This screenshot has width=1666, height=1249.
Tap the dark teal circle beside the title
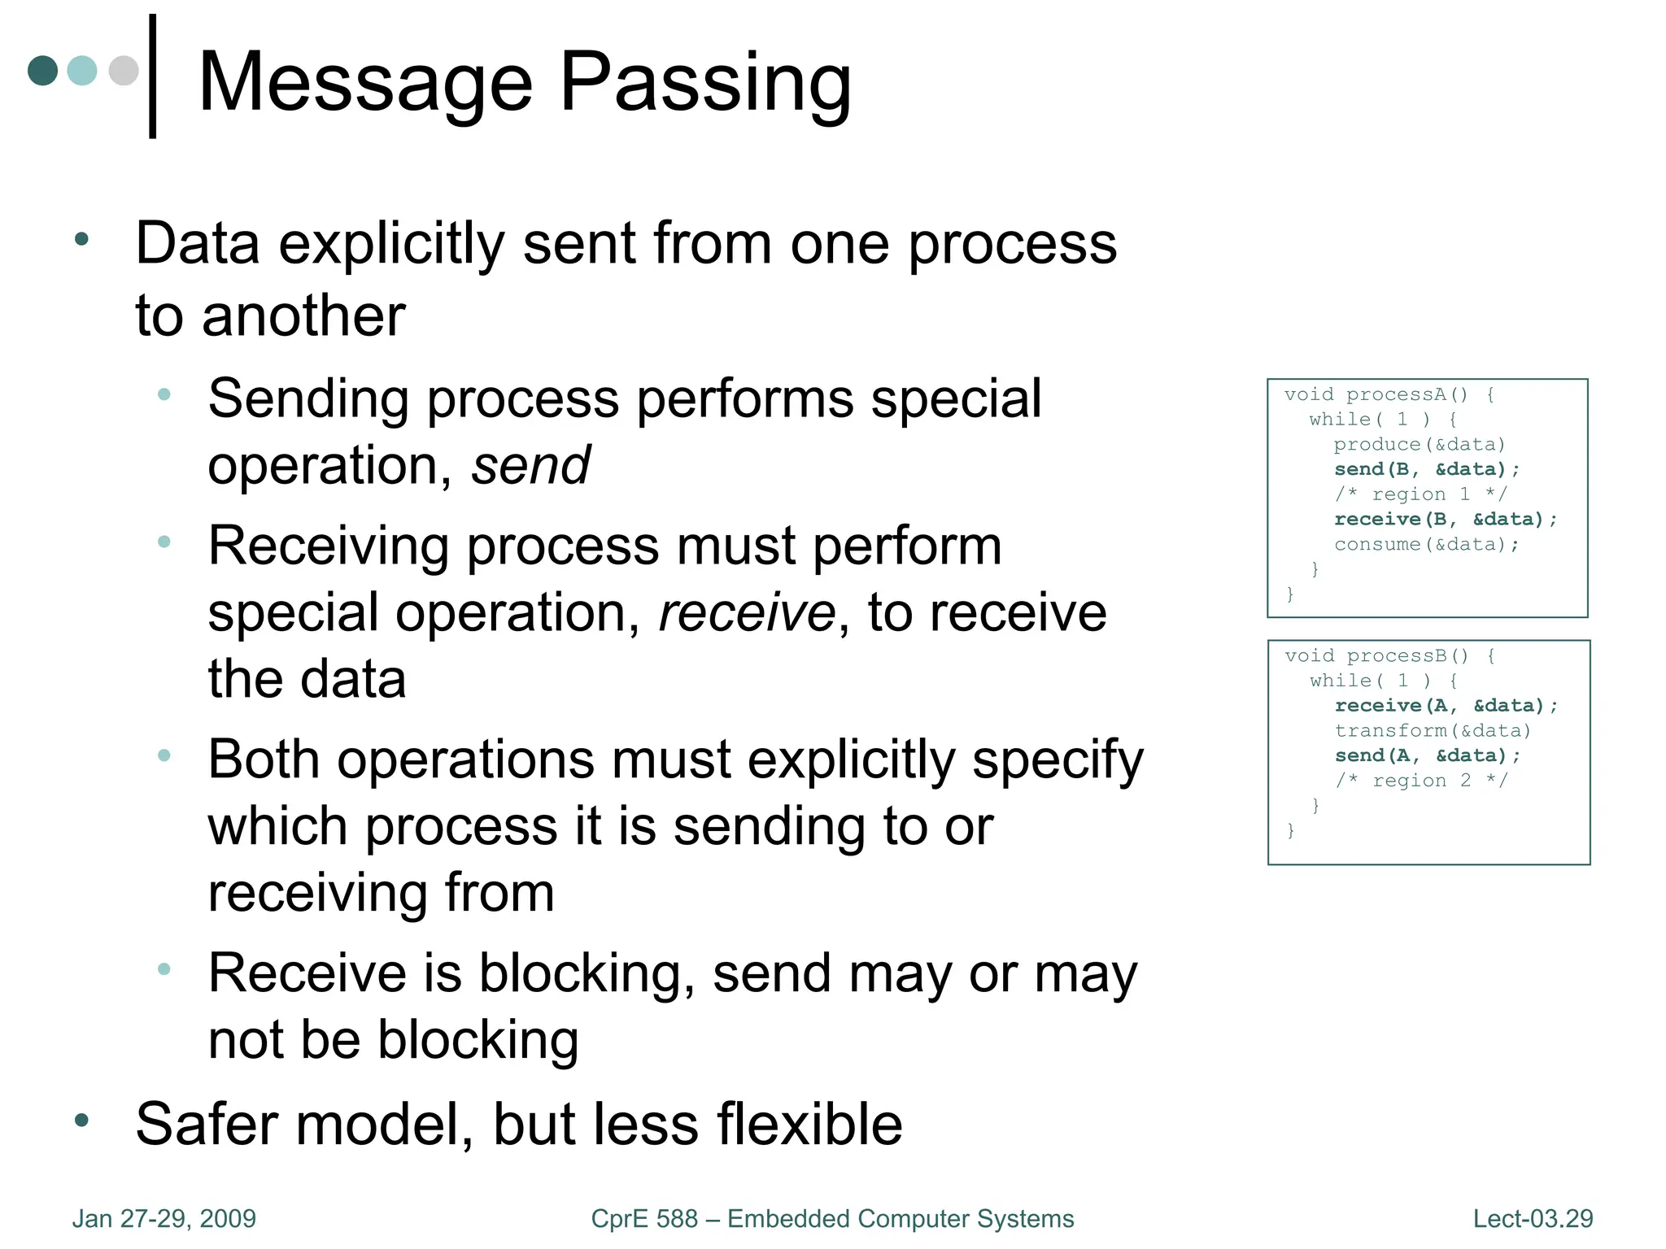tap(42, 71)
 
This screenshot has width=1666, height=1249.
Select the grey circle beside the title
tap(124, 71)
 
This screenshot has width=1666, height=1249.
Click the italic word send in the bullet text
tap(530, 466)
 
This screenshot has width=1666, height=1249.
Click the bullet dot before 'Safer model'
tap(81, 1121)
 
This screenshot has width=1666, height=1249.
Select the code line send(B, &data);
tap(1427, 469)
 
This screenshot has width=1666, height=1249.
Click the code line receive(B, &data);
tap(1446, 519)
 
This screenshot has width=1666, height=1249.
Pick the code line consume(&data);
tap(1427, 544)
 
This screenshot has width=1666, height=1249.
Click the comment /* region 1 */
tap(1420, 494)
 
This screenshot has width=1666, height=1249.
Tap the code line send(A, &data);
tap(1427, 755)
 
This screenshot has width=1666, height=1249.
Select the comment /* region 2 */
tap(1421, 781)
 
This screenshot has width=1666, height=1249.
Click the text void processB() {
tap(1389, 655)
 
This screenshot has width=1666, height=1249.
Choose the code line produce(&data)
tap(1420, 444)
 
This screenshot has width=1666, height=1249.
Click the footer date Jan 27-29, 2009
tap(164, 1219)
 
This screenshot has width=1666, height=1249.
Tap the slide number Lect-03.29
tap(1533, 1219)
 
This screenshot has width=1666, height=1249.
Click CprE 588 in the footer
tap(644, 1219)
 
